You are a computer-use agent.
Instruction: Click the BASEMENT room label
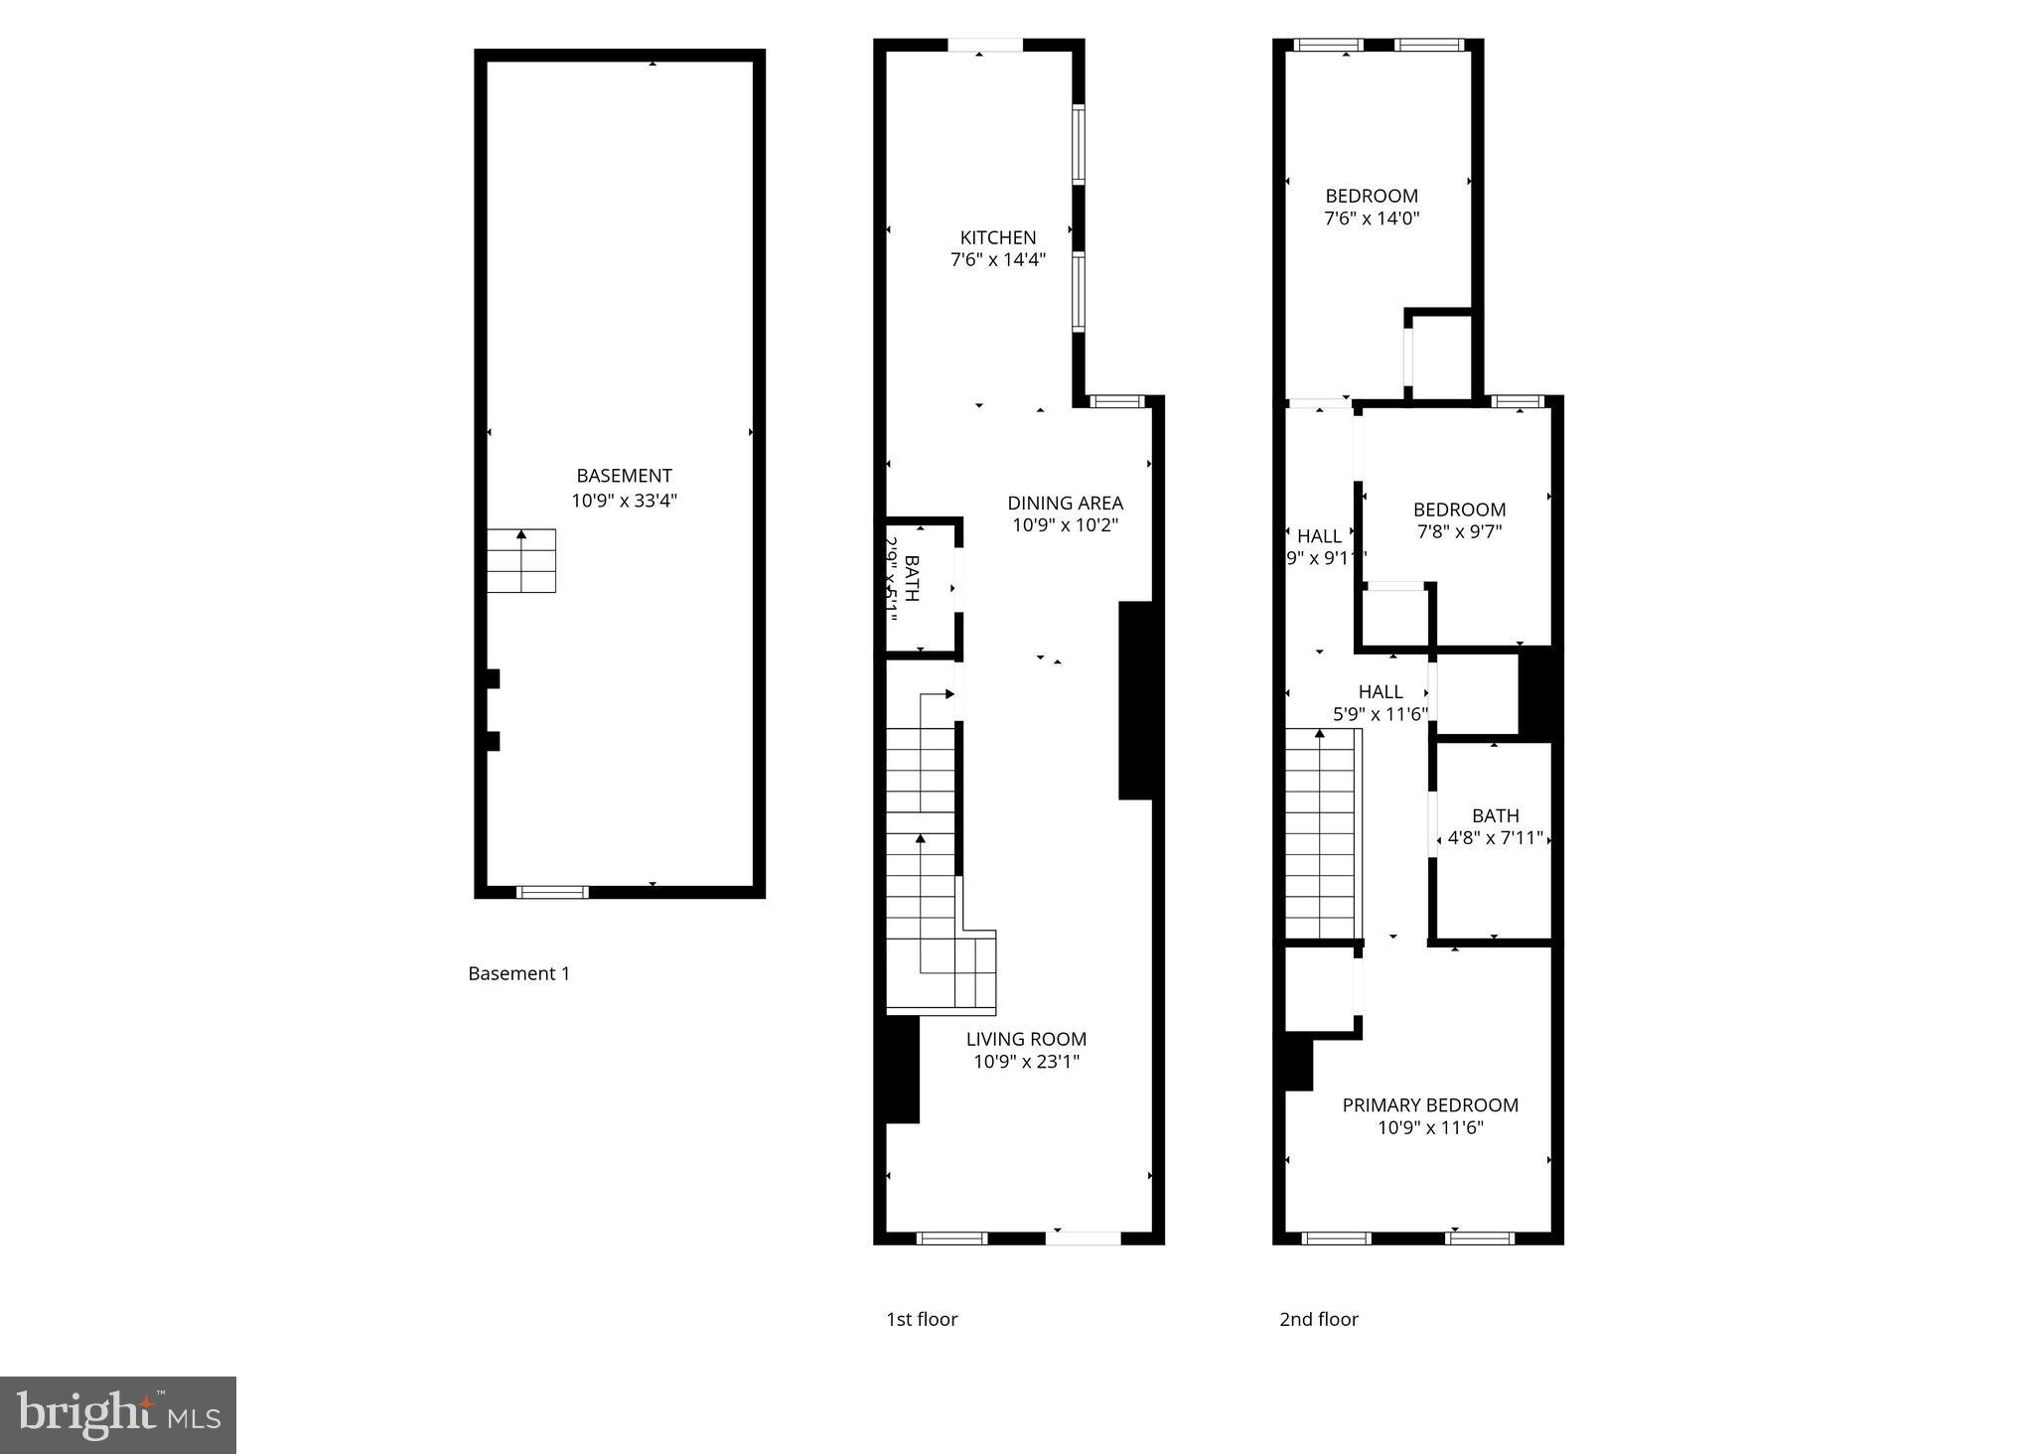pos(624,476)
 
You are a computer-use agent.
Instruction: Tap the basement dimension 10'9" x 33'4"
pos(624,501)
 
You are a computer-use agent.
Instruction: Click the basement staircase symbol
pos(521,561)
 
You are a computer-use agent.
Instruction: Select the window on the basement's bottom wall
pos(553,892)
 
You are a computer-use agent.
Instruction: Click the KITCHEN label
pos(997,237)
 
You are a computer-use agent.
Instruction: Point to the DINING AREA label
pos(1065,503)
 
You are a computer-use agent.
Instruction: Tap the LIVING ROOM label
pos(1026,1039)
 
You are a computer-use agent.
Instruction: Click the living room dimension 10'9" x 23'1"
pos(1026,1063)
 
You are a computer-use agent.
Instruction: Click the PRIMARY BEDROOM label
pos(1430,1105)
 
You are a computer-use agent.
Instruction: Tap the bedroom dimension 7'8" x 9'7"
pos(1459,532)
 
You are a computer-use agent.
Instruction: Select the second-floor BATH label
pos(1495,815)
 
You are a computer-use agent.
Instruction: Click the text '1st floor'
pos(922,1319)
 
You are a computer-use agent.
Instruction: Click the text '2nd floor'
pos(1318,1319)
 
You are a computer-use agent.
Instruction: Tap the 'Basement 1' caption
pos(518,973)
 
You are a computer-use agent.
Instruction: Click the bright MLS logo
pos(118,1414)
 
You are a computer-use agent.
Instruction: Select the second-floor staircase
pos(1321,834)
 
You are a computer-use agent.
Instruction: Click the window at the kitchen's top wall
pos(984,45)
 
